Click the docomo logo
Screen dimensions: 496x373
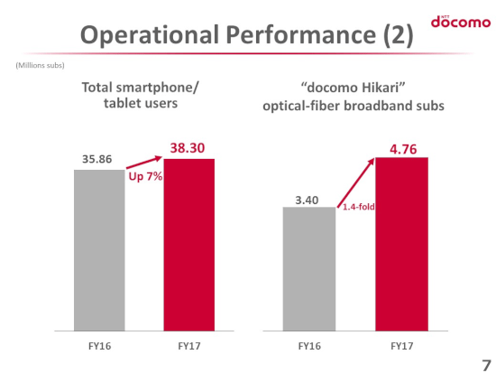(461, 22)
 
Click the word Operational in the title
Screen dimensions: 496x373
(150, 34)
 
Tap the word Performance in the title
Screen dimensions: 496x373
(301, 35)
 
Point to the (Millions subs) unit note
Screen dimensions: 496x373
(41, 65)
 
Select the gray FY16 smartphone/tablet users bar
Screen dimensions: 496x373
(99, 250)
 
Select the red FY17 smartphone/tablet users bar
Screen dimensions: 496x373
(188, 245)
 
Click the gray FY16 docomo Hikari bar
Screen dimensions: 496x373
(309, 269)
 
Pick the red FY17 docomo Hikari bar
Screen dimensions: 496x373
(401, 244)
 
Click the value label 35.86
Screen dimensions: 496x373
(97, 159)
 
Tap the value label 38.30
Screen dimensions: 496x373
(188, 148)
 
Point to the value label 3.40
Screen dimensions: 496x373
(307, 200)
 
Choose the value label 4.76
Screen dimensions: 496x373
(403, 149)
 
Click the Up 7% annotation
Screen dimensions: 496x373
(145, 176)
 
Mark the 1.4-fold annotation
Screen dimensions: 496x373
(359, 207)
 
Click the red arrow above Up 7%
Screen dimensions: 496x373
(144, 163)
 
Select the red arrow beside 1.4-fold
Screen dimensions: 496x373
(356, 182)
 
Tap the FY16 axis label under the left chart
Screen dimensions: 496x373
(99, 346)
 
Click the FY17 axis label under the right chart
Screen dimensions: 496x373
(401, 346)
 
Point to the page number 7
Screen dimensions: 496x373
(486, 366)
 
